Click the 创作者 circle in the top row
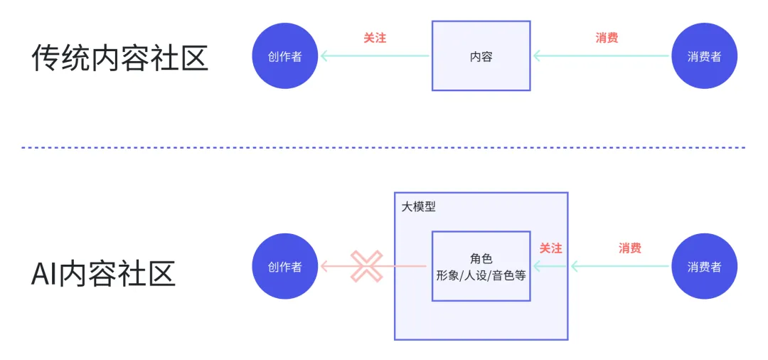pyautogui.click(x=285, y=55)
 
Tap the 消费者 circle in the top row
pyautogui.click(x=704, y=55)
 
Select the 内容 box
pyautogui.click(x=481, y=55)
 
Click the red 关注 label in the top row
pyautogui.click(x=375, y=38)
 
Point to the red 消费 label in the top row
pyautogui.click(x=607, y=38)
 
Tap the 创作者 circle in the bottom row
pyautogui.click(x=285, y=267)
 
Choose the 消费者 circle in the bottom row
pyautogui.click(x=704, y=267)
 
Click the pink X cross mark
pyautogui.click(x=366, y=267)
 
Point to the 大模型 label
pyautogui.click(x=418, y=207)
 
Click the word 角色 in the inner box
pyautogui.click(x=481, y=259)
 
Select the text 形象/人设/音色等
pyautogui.click(x=481, y=275)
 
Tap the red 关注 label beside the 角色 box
pyautogui.click(x=550, y=248)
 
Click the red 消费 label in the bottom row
pyautogui.click(x=630, y=248)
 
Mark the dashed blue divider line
pyautogui.click(x=384, y=147)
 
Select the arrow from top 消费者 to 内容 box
pyautogui.click(x=603, y=55)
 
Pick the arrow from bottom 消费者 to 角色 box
pyautogui.click(x=619, y=267)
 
